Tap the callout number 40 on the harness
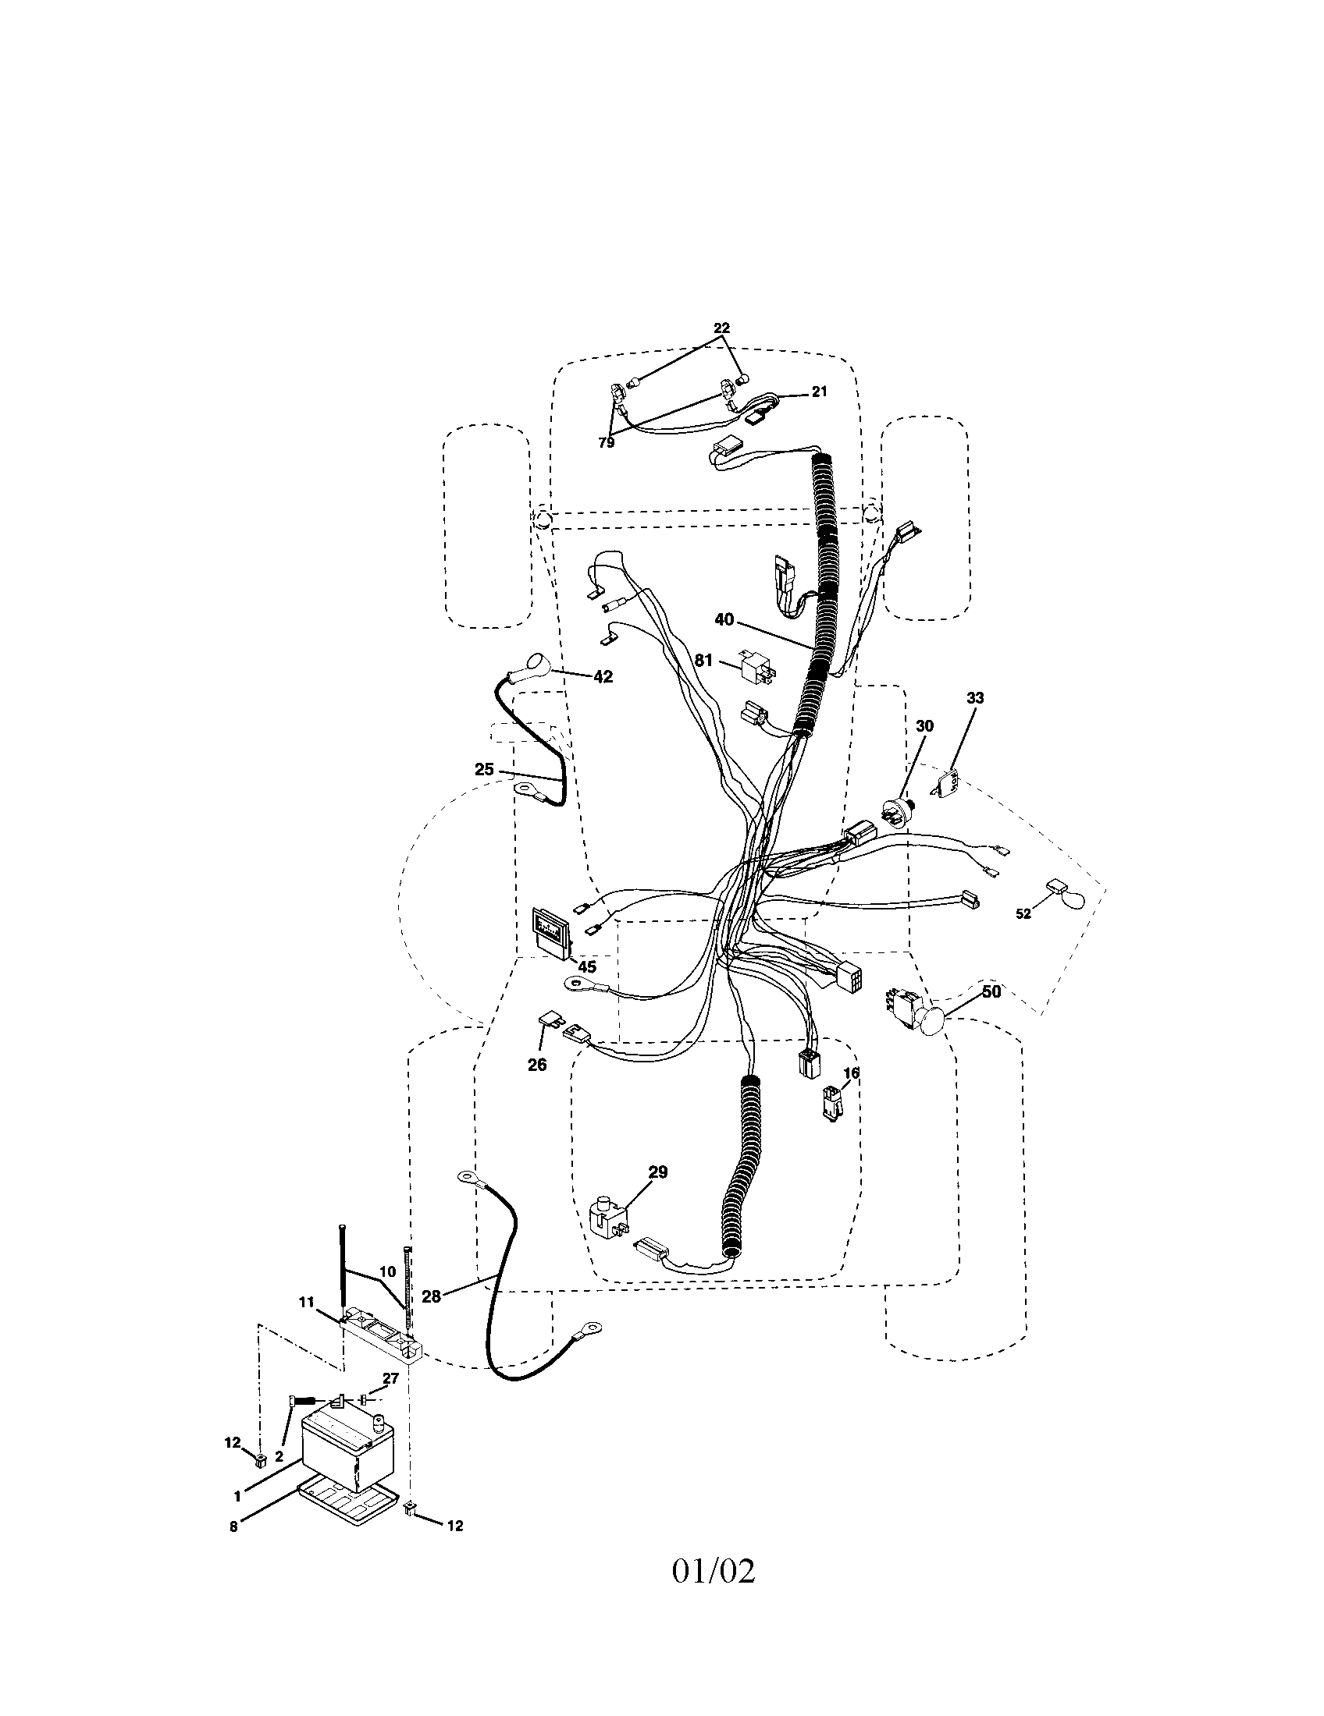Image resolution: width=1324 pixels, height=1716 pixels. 724,620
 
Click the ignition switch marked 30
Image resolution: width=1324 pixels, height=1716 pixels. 897,812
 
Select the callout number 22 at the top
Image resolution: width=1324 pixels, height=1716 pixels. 721,328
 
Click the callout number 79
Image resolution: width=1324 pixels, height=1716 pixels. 605,443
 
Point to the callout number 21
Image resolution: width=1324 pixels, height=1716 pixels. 818,392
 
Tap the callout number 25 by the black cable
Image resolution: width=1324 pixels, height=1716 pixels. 483,770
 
